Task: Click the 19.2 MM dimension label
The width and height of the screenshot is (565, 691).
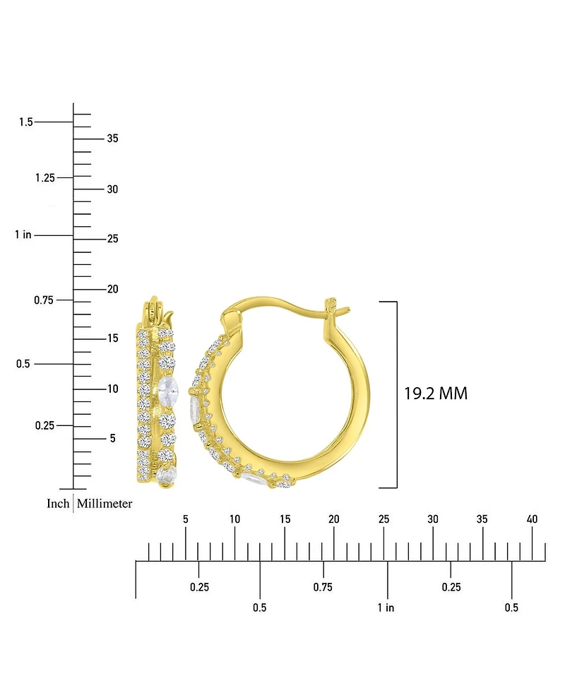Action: pyautogui.click(x=435, y=394)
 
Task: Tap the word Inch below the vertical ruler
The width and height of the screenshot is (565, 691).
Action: pyautogui.click(x=58, y=504)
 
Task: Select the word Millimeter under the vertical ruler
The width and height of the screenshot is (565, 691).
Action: pyautogui.click(x=105, y=504)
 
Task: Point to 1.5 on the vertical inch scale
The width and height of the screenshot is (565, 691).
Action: pyautogui.click(x=25, y=122)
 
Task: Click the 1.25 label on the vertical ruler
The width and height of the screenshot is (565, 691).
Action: pyautogui.click(x=44, y=177)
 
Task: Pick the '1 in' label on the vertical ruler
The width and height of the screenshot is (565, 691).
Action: pyautogui.click(x=23, y=235)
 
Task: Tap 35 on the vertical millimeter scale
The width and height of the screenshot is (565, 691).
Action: pyautogui.click(x=112, y=138)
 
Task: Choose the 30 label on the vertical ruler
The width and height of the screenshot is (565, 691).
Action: pyautogui.click(x=112, y=189)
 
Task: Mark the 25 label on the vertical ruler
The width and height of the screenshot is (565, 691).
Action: pyautogui.click(x=112, y=239)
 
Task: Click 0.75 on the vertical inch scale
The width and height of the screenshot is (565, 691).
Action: pyautogui.click(x=44, y=300)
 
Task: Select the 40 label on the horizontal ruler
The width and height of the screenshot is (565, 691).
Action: pyautogui.click(x=533, y=519)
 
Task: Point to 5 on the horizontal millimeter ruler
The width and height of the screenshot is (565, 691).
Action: pyautogui.click(x=185, y=519)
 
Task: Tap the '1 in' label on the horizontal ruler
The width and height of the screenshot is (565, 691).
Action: pyautogui.click(x=386, y=608)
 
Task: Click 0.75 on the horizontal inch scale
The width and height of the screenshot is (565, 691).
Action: pyautogui.click(x=323, y=587)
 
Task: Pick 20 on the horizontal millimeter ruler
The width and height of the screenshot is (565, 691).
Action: pyautogui.click(x=334, y=519)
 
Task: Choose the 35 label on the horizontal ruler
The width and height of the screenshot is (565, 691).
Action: pyautogui.click(x=482, y=519)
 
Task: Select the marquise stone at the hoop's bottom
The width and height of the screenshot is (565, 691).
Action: pyautogui.click(x=252, y=480)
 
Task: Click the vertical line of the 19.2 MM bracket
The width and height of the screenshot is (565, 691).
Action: pyautogui.click(x=397, y=394)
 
